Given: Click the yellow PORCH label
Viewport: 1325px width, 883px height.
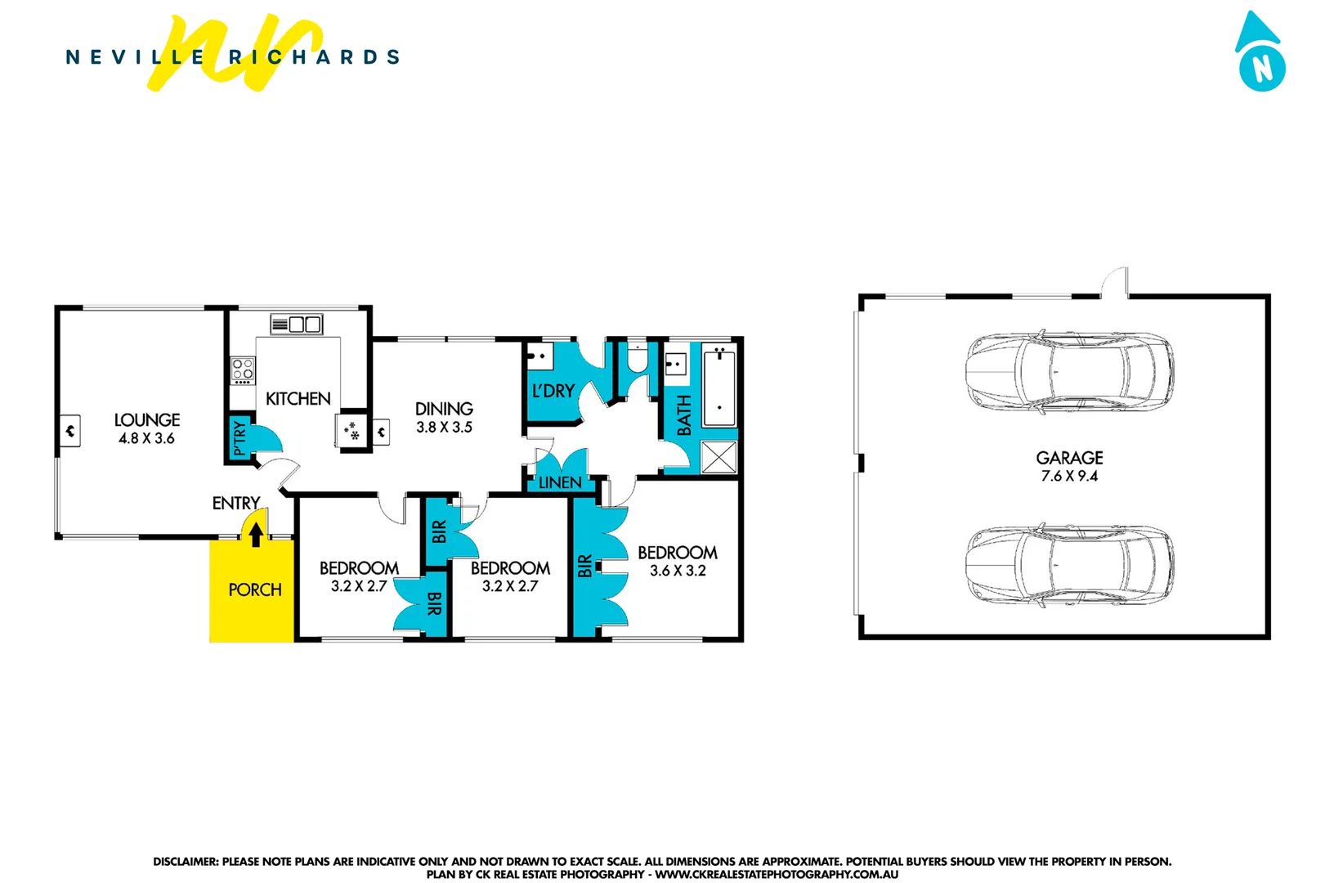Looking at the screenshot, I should [254, 589].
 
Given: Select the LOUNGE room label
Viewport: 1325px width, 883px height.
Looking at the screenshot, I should [147, 419].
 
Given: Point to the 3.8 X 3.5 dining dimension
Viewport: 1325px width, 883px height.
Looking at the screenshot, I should [444, 428].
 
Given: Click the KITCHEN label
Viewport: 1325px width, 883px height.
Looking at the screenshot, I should [298, 399].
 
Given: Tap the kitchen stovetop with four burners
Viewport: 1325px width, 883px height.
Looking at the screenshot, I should [243, 370].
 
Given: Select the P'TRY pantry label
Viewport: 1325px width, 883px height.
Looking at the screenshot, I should [239, 437].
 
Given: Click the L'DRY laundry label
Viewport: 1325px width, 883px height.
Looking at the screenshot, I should [553, 391].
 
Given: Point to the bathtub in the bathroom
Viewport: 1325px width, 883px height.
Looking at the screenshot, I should [718, 388].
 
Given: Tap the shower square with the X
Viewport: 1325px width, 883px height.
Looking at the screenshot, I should [718, 457].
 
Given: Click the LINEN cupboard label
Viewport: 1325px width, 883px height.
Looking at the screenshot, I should [560, 482].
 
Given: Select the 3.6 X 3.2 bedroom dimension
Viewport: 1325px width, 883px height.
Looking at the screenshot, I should [678, 571].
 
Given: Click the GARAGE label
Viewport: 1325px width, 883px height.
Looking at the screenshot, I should [1069, 458].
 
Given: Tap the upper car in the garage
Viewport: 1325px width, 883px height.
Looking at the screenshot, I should [1069, 372].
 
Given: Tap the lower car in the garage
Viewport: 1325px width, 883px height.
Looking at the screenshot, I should [1069, 565].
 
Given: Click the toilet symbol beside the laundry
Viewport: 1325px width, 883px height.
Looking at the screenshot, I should [638, 358].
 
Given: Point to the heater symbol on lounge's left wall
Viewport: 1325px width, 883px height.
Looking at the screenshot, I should [70, 430].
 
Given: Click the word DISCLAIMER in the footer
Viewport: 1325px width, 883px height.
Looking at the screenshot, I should [186, 862].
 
